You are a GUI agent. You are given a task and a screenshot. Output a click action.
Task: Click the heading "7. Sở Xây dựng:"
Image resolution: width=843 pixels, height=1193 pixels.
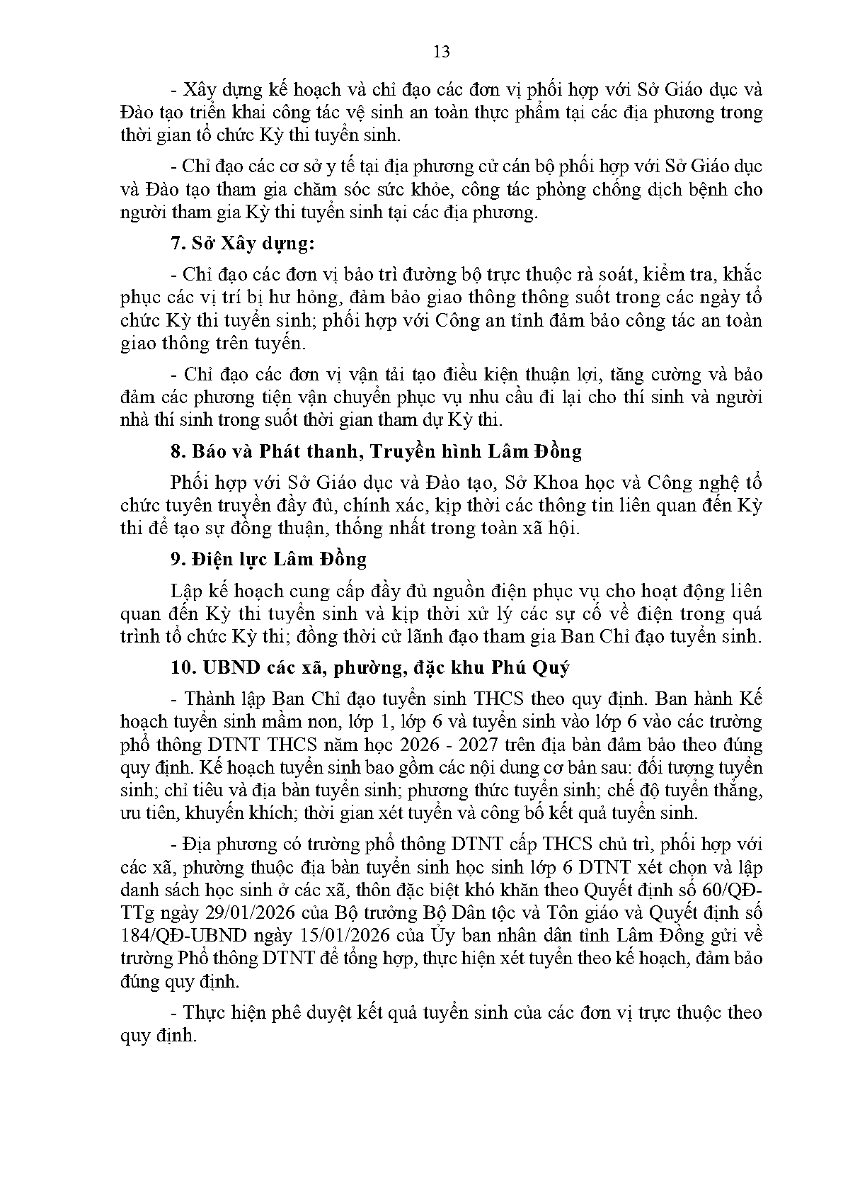[242, 244]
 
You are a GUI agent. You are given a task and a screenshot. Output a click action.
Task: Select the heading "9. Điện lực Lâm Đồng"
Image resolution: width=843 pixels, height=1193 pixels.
[268, 560]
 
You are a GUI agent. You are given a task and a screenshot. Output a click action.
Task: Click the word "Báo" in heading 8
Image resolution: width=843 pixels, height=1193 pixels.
[206, 451]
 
